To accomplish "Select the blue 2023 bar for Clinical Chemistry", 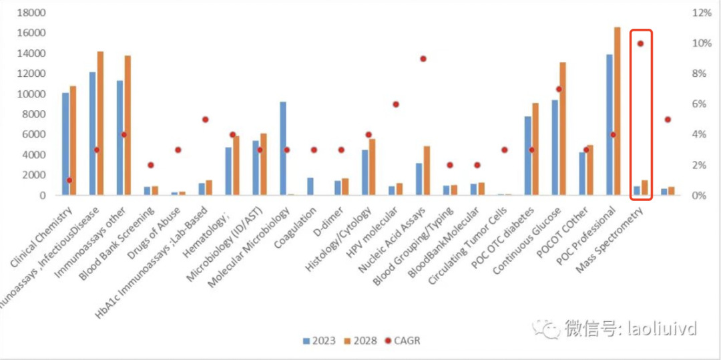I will (x=65, y=144).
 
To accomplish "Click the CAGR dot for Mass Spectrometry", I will (x=640, y=43).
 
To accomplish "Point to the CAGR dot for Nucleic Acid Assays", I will (x=423, y=59).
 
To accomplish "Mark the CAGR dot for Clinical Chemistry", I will (x=69, y=180).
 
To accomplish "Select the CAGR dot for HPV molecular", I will (x=396, y=104).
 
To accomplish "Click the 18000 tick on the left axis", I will (x=29, y=13).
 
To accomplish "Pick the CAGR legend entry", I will (x=403, y=341).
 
